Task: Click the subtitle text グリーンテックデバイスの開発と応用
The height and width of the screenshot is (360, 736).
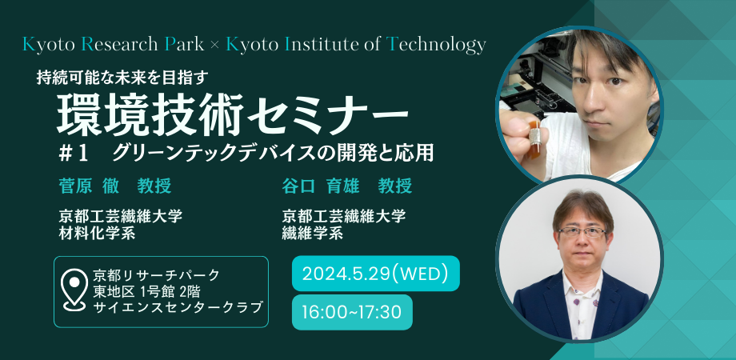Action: point(273,152)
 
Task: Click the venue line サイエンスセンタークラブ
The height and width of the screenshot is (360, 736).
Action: point(178,307)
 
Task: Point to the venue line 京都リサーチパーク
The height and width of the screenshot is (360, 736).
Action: point(156,274)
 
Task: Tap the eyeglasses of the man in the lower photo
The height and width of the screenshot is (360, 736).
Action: point(582,231)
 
